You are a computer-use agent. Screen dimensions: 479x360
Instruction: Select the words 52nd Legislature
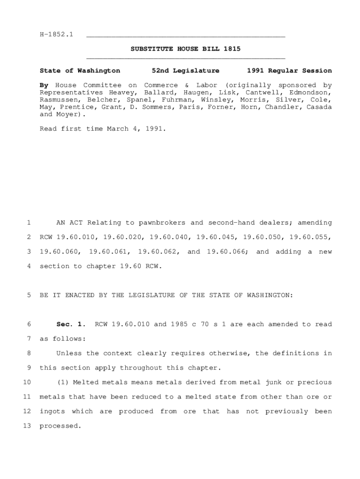186,71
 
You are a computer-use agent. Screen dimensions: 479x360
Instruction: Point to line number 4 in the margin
29,266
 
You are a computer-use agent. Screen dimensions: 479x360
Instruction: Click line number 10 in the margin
27,382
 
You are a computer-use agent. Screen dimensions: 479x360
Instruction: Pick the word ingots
52,411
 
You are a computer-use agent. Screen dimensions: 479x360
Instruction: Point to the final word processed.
60,426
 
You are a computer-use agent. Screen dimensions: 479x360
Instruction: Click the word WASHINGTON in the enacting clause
267,295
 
